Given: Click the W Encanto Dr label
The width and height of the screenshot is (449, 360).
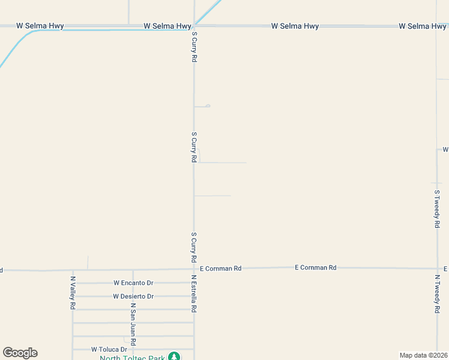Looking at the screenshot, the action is coord(133,283).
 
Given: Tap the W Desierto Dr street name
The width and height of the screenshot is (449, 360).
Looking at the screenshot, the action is coord(133,296).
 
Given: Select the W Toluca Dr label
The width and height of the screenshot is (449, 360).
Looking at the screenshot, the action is coord(109,349).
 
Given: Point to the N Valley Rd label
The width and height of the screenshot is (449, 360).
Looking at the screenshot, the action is coord(73,293).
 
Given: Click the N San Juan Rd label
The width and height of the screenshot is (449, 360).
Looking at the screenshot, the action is coord(133,325).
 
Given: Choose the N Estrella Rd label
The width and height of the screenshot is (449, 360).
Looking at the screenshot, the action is coord(194,294).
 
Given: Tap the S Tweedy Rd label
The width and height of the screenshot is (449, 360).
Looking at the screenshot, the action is coord(437,208).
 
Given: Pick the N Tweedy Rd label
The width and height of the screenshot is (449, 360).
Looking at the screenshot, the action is coord(437,294).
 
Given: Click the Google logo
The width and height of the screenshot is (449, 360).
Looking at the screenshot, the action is coord(20,353).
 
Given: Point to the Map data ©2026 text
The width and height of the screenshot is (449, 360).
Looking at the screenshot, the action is coord(423,355).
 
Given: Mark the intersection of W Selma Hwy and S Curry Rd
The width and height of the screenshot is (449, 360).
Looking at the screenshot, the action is coord(194,26).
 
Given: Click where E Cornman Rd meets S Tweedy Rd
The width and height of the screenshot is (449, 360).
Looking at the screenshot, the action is coord(437,268).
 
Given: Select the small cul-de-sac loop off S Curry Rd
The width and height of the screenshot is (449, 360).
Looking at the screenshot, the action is coord(208,106).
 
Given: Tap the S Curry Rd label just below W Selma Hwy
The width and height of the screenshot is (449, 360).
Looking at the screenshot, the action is coord(194,47).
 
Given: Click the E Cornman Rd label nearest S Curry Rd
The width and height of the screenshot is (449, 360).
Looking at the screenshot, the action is coord(220,268).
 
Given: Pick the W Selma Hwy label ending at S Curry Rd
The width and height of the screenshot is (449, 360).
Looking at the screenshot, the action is coord(167,26).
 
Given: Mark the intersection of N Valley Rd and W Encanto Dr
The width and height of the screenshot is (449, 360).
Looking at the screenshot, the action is coord(73,283).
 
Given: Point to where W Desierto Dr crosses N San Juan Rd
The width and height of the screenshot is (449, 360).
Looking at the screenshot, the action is coord(133,296).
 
